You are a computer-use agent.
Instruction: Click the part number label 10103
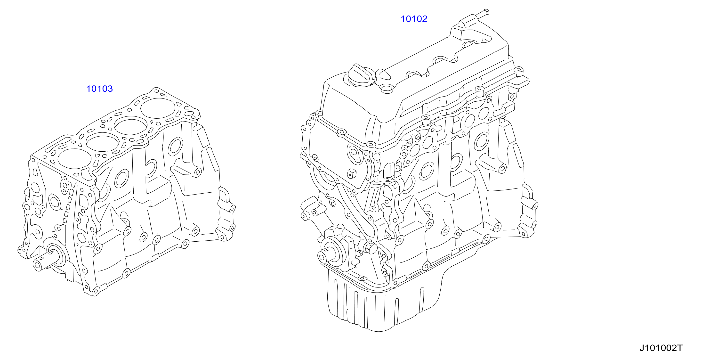(99, 89)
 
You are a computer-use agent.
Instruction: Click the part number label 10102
(414, 19)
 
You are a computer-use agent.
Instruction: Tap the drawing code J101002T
(661, 348)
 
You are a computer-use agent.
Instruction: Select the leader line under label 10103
(103, 105)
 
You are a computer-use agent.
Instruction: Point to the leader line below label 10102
(415, 39)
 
